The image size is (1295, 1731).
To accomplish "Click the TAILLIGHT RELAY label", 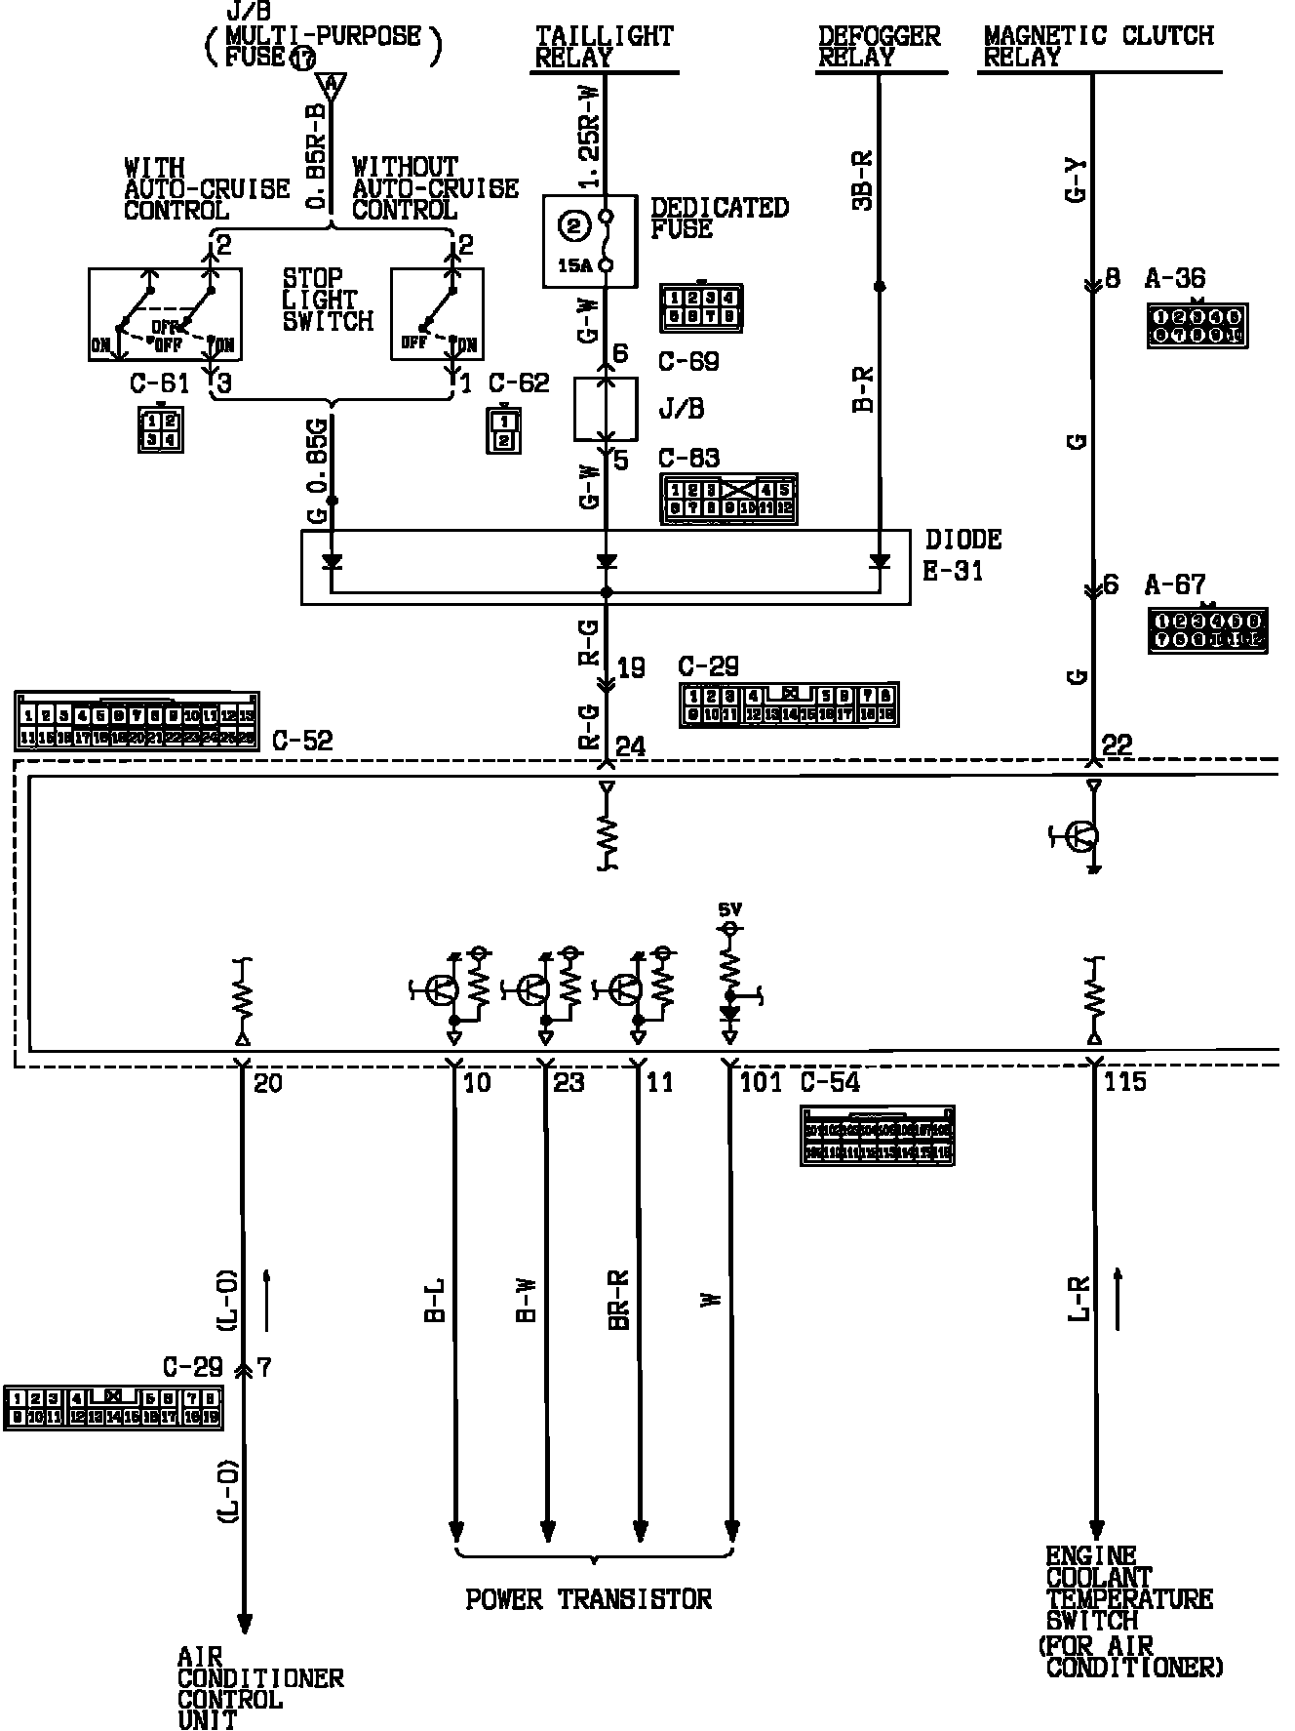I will click(x=604, y=47).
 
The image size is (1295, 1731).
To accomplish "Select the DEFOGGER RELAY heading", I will click(x=879, y=47).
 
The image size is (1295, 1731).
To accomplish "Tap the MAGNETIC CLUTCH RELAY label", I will click(x=1098, y=47).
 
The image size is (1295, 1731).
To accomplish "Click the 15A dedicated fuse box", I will click(x=590, y=240).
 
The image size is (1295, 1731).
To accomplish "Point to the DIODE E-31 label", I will click(x=962, y=554).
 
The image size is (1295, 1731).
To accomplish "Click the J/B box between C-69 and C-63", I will click(x=606, y=409).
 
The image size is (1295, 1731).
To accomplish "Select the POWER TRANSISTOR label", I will click(x=588, y=1599).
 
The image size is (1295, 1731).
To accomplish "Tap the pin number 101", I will click(x=761, y=1083).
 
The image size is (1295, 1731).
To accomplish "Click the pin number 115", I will click(x=1125, y=1082).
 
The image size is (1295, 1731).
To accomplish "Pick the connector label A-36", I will click(x=1175, y=279).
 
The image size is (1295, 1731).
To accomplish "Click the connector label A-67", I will click(x=1175, y=584).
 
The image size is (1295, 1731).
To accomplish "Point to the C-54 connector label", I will click(x=830, y=1081).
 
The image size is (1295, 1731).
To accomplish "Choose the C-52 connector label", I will click(x=302, y=741).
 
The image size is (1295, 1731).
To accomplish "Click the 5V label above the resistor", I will click(x=729, y=909).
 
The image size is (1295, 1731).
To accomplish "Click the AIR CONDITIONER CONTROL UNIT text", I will click(x=259, y=1689).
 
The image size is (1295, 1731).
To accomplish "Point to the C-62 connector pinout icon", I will click(x=503, y=430).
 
